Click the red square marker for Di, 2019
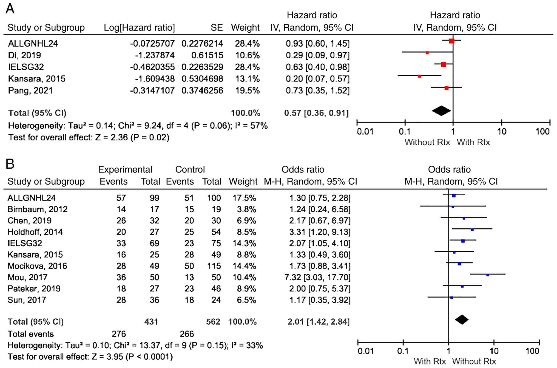coord(427,53)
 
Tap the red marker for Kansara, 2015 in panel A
coord(419,76)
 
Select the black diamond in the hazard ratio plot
coord(441,111)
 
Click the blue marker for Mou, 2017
coord(488,275)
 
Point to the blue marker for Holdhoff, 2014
coord(472,230)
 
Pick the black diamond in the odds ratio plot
coord(462,319)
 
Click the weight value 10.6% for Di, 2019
coord(247,55)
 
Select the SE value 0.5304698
coord(202,79)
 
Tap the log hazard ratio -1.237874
coord(155,55)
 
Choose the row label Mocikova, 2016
coord(37,266)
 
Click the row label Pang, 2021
coord(30,90)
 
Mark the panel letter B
coord(10,164)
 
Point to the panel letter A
coord(10,9)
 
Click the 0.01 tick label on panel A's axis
coord(365,132)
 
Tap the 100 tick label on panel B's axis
coord(532,351)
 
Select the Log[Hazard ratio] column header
coord(139,28)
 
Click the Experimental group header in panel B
coord(125,170)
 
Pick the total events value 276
coord(119,334)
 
